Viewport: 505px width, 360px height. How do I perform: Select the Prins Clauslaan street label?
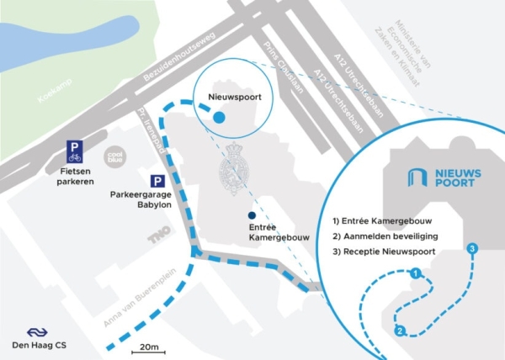pyautogui.click(x=283, y=67)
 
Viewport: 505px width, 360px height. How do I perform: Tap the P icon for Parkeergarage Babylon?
pyautogui.click(x=157, y=181)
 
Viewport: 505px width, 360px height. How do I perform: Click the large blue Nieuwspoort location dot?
pyautogui.click(x=219, y=118)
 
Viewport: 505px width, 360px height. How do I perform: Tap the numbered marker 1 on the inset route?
pyautogui.click(x=415, y=273)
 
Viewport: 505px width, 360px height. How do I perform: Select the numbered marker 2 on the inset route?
pyautogui.click(x=400, y=331)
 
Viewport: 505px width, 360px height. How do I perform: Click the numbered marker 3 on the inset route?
pyautogui.click(x=472, y=248)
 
